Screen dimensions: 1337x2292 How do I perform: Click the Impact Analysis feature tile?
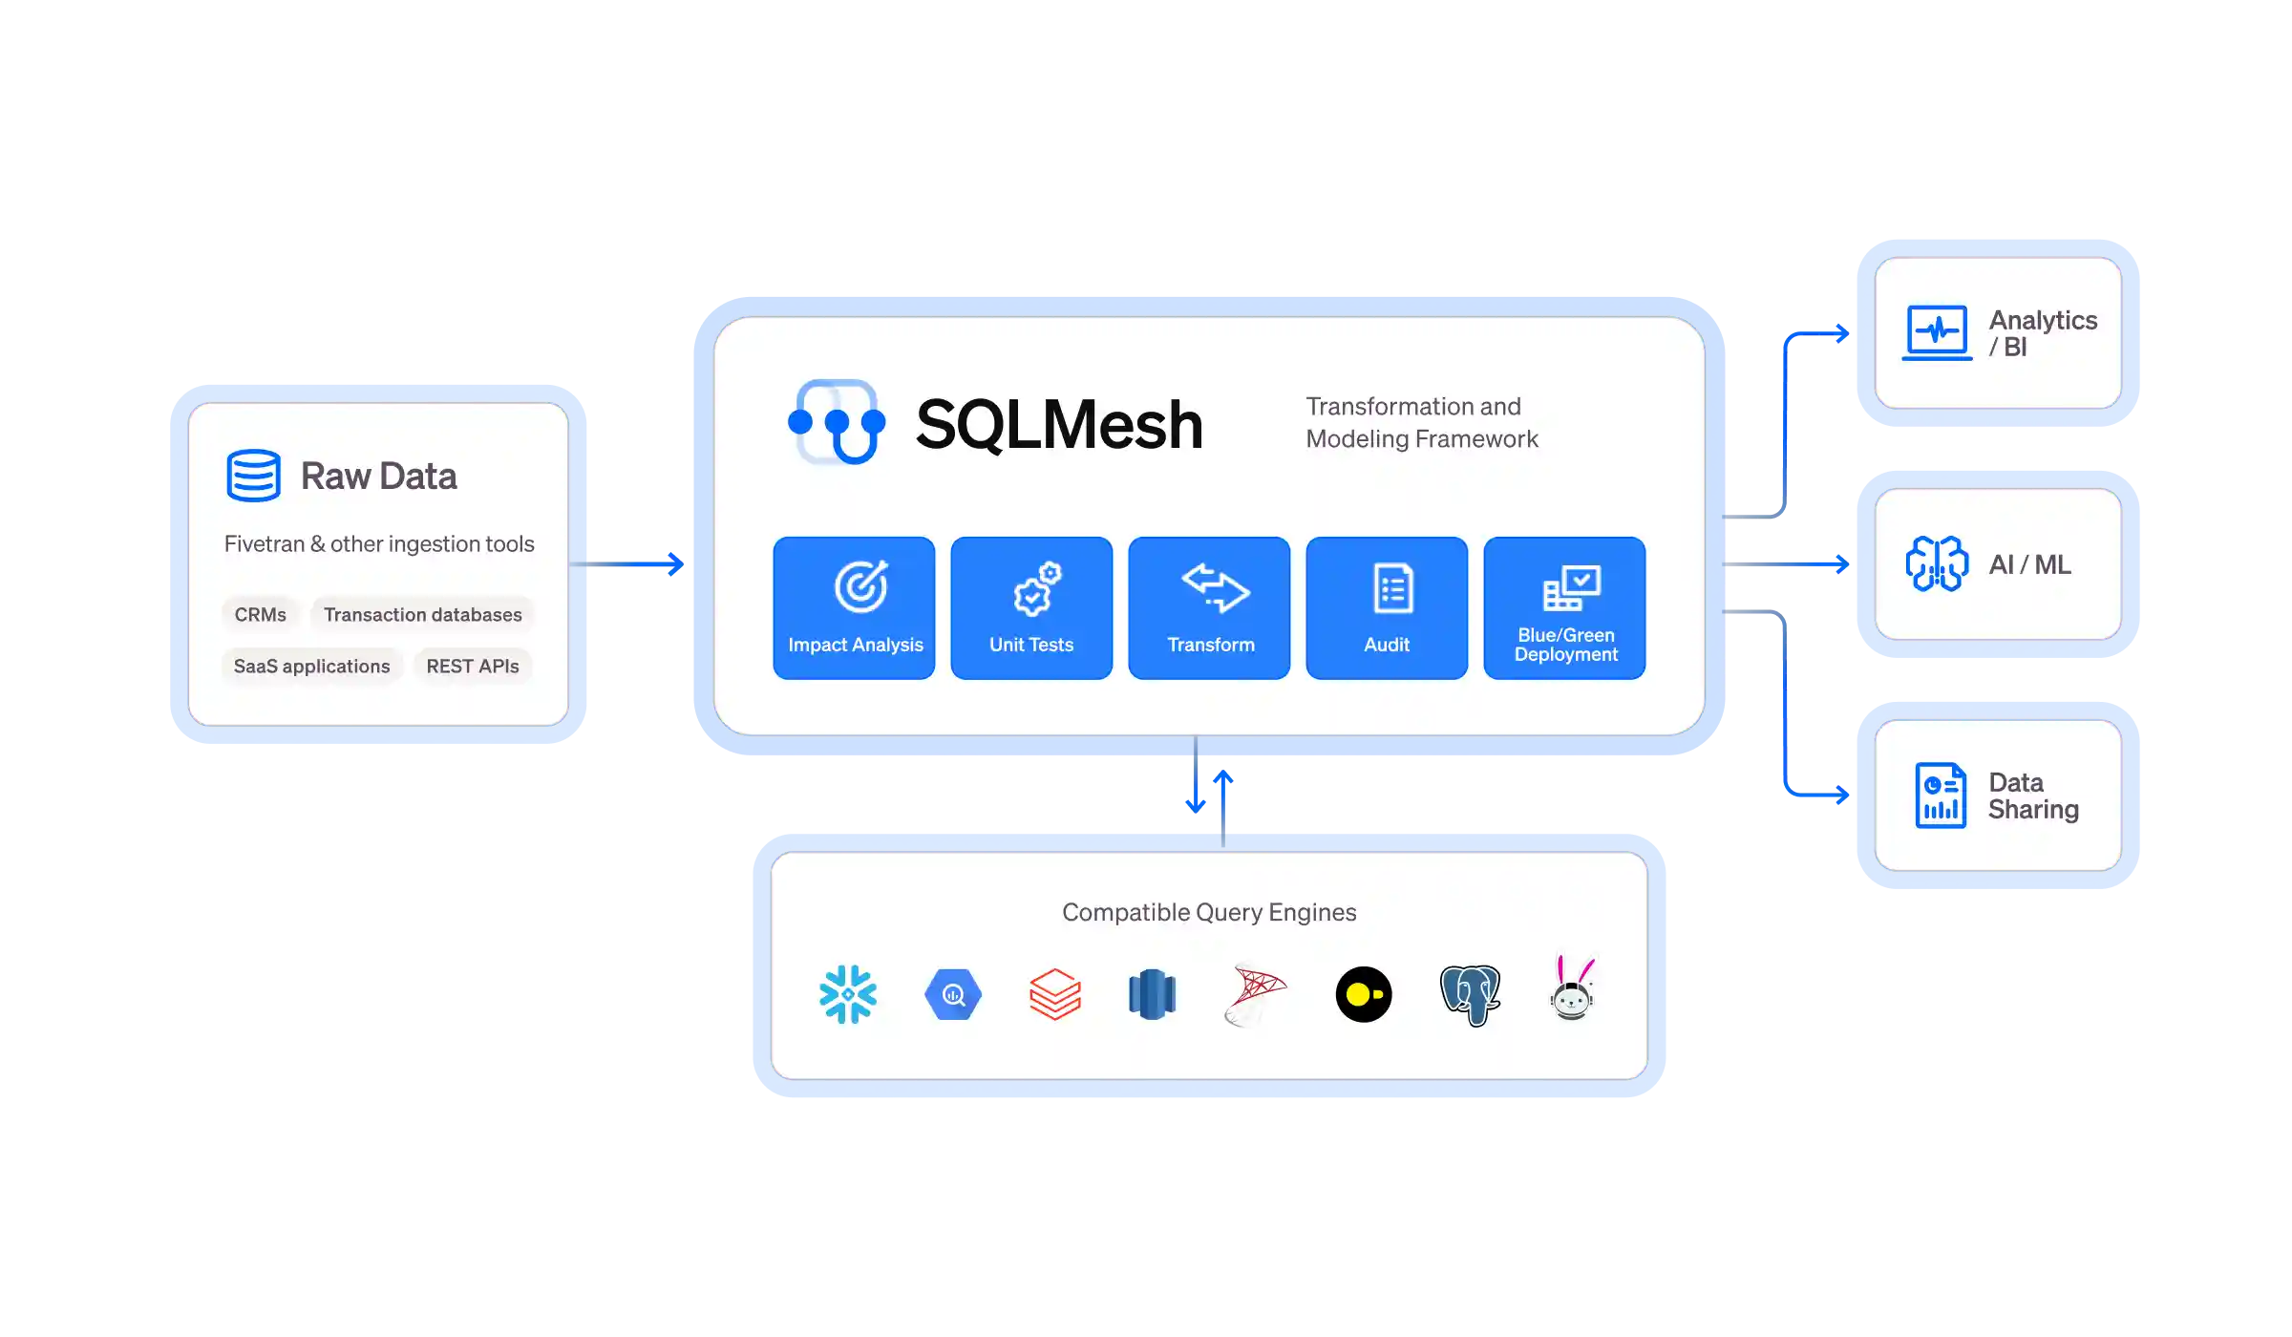pos(854,608)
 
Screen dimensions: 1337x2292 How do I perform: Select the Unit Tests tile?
pos(1031,608)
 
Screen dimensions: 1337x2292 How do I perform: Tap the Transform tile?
pos(1209,608)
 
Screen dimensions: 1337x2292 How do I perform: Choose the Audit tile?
pos(1387,608)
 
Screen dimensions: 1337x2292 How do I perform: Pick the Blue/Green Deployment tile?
pos(1564,608)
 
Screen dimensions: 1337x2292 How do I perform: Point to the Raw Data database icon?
pos(253,476)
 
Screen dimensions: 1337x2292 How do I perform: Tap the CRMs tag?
pos(261,615)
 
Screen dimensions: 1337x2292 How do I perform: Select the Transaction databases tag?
pos(422,615)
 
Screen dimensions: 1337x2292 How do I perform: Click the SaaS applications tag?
pos(312,667)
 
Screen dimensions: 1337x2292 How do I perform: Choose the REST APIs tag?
pos(473,667)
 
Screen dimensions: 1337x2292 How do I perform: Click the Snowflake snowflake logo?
pos(848,995)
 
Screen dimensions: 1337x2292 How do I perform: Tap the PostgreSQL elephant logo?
pos(1470,995)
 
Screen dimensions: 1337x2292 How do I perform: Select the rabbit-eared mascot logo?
pos(1572,989)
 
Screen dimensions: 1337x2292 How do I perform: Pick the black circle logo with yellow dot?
pos(1364,995)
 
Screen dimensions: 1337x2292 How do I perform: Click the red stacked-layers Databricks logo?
pos(1055,995)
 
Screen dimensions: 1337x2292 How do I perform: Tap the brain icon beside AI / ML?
pos(1937,564)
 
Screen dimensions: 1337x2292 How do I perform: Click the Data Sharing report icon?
pos(1941,796)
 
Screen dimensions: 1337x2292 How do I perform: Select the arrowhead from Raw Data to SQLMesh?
pos(676,564)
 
